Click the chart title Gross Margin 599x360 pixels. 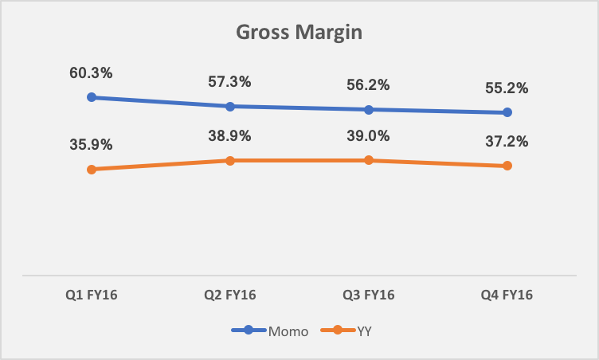(x=299, y=33)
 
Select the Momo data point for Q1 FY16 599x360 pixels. (x=92, y=97)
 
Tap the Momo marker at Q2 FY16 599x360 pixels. (x=230, y=106)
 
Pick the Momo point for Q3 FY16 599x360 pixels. (x=369, y=109)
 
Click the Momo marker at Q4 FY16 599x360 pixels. (x=507, y=112)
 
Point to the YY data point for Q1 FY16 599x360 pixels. (x=92, y=169)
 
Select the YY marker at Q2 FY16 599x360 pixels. (x=230, y=160)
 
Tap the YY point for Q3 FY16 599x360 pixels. (x=369, y=160)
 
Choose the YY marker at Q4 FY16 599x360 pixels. (x=507, y=166)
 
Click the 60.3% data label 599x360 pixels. (x=92, y=73)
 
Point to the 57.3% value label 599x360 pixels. (x=230, y=82)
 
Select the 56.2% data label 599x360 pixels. (x=369, y=85)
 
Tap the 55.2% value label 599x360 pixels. (x=507, y=88)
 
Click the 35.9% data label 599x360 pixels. (x=92, y=145)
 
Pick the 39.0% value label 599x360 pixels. (x=369, y=136)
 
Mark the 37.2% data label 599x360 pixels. (x=507, y=142)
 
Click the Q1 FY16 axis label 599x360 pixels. (x=92, y=295)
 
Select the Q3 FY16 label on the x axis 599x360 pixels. (x=369, y=295)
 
